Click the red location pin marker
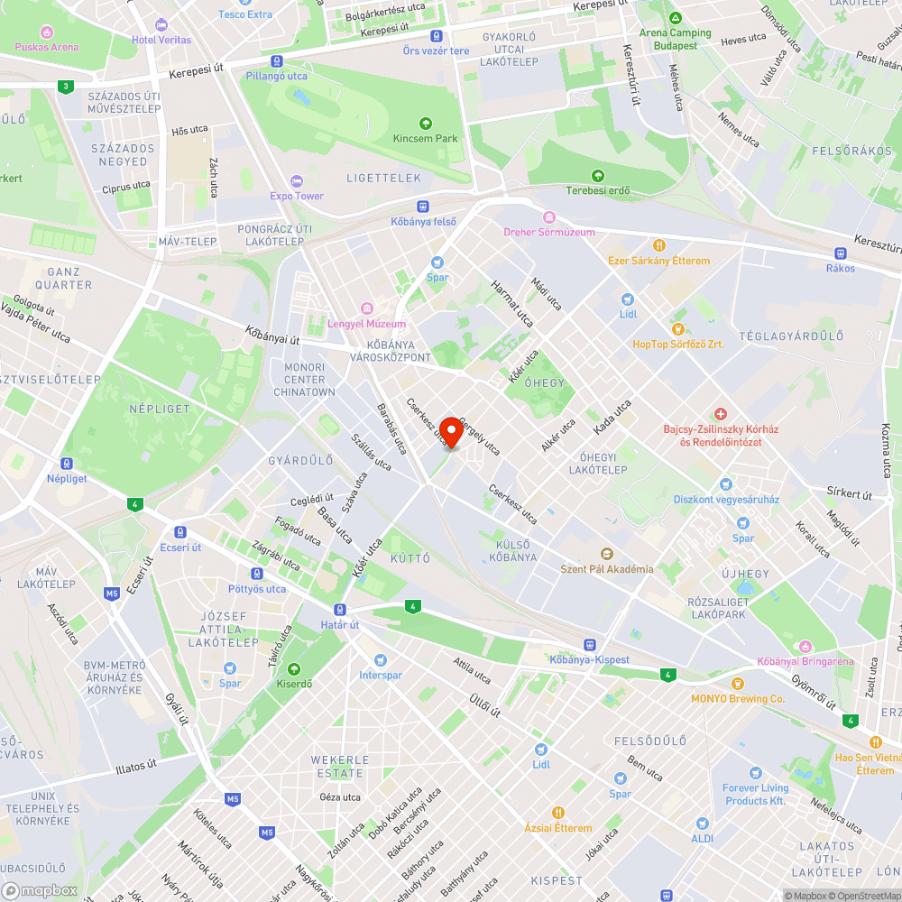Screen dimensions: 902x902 click(x=451, y=431)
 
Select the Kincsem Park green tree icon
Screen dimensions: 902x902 click(x=426, y=124)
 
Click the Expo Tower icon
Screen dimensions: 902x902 click(x=297, y=181)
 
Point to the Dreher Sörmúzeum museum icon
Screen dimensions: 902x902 click(x=549, y=217)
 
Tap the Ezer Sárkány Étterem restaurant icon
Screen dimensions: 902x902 click(x=659, y=245)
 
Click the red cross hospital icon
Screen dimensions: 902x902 click(x=720, y=412)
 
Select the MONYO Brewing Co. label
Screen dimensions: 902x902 click(x=738, y=699)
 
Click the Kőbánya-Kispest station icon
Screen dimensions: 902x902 click(x=589, y=645)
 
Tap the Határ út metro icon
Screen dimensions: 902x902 click(x=340, y=610)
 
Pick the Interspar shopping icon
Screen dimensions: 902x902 click(x=380, y=660)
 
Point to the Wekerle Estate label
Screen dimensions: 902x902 click(x=339, y=767)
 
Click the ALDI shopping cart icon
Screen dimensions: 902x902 click(x=703, y=823)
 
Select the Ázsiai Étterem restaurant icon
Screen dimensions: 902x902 click(x=558, y=813)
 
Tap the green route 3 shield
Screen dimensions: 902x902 click(x=65, y=87)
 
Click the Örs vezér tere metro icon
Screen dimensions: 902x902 click(x=437, y=36)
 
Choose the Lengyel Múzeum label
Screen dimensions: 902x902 click(x=367, y=324)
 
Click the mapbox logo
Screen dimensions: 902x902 click(x=42, y=890)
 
